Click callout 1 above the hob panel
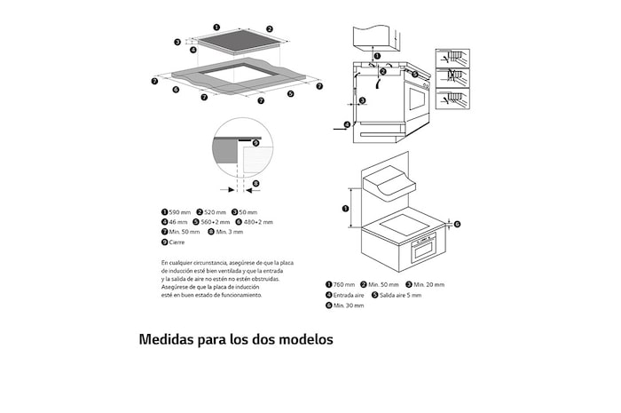217,28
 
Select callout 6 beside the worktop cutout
176,89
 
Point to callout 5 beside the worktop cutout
290,93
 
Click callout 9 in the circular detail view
255,142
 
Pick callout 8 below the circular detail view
255,185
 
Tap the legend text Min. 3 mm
226,232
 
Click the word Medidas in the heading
170,339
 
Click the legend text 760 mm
344,284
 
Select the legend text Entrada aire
349,295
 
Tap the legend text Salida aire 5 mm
401,295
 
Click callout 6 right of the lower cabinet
458,225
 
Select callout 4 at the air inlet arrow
347,124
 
